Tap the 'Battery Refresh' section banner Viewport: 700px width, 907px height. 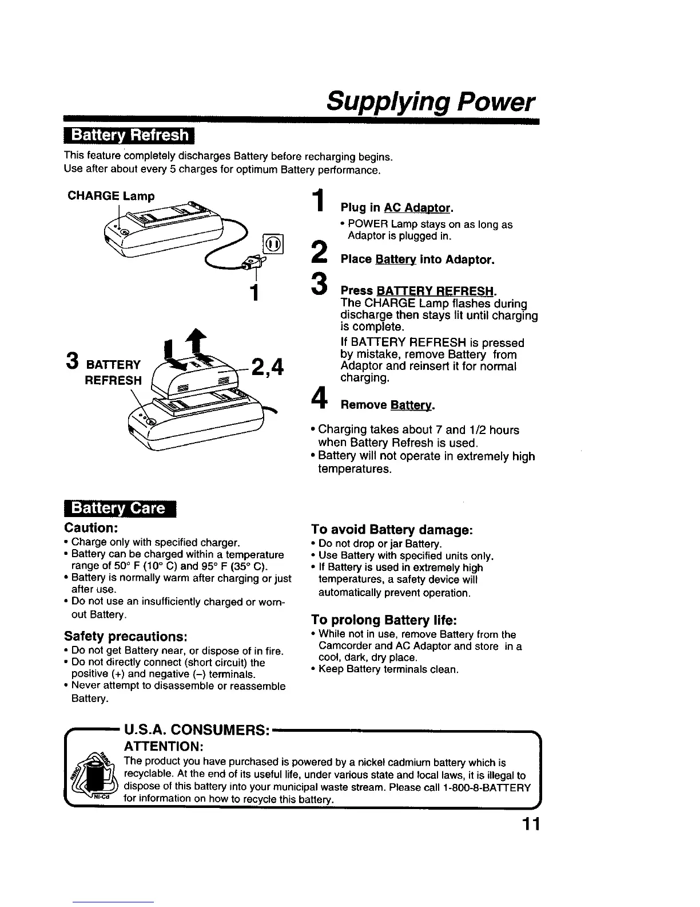129,136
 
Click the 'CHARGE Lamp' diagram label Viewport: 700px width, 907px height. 111,196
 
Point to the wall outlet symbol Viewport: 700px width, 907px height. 273,245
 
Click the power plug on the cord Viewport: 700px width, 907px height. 250,264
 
